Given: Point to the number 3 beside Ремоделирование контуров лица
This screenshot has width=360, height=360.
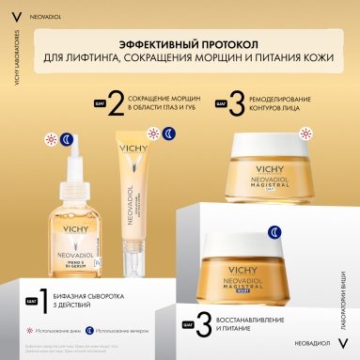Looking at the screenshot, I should (x=237, y=102).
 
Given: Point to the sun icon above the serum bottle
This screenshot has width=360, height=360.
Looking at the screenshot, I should (x=51, y=138).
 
